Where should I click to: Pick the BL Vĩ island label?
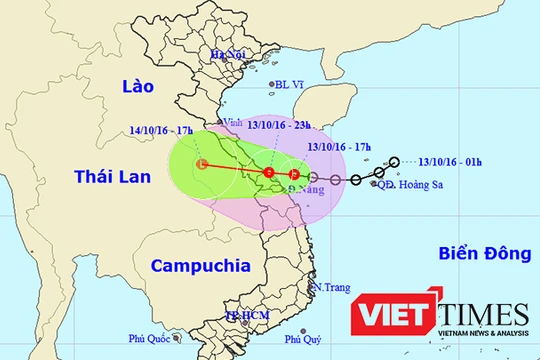click(x=289, y=86)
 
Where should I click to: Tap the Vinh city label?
click(x=234, y=122)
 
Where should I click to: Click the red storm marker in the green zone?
click(x=203, y=164)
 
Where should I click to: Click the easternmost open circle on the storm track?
click(x=396, y=162)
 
